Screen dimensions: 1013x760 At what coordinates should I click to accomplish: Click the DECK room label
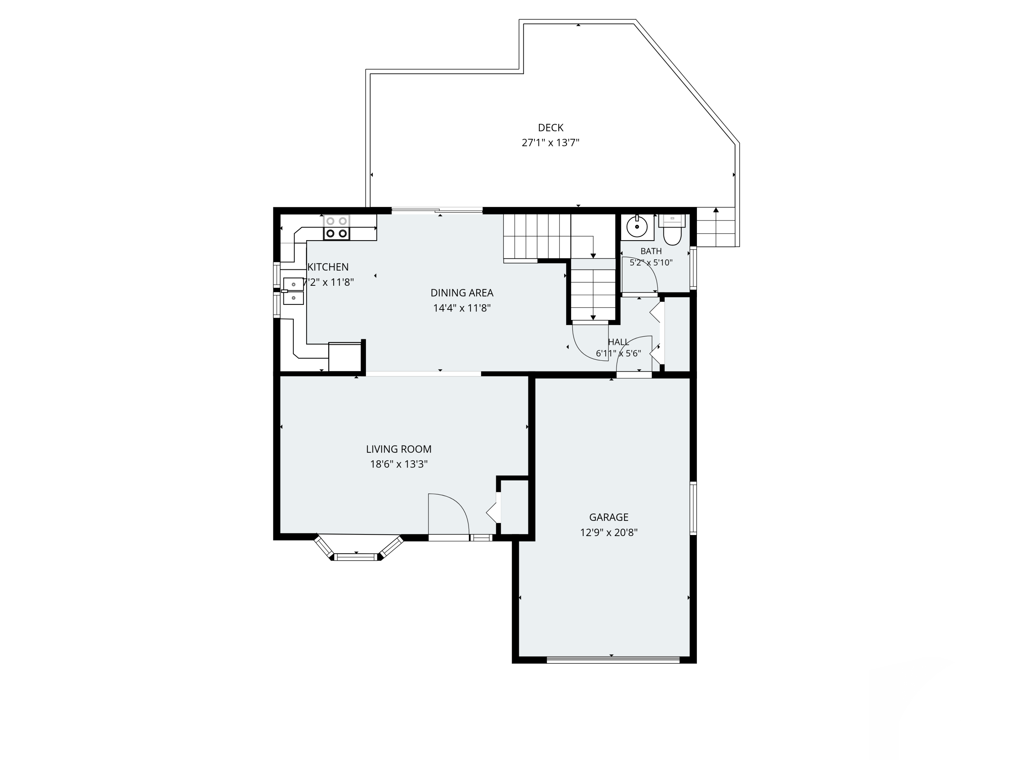click(550, 128)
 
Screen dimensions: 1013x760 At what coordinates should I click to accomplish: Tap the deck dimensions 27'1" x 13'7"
click(550, 143)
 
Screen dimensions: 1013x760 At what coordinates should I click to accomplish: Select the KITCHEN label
click(328, 267)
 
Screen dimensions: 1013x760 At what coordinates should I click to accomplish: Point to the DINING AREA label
click(462, 293)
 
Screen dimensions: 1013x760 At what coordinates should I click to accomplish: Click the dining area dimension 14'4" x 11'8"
click(462, 308)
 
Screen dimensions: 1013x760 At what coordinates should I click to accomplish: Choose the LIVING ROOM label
click(398, 449)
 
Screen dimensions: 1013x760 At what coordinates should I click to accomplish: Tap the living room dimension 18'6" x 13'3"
click(398, 464)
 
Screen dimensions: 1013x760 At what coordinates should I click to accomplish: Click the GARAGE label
click(608, 517)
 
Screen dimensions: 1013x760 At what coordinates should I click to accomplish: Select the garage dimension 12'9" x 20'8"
click(608, 532)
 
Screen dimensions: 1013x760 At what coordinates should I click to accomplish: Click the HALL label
click(618, 342)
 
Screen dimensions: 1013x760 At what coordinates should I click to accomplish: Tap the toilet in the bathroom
click(672, 230)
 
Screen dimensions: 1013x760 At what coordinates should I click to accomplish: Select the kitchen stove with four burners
click(337, 227)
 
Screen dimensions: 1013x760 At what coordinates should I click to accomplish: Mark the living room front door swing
click(449, 514)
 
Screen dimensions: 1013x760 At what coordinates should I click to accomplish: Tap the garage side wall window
click(693, 508)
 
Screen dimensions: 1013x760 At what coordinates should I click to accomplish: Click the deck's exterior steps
click(716, 228)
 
